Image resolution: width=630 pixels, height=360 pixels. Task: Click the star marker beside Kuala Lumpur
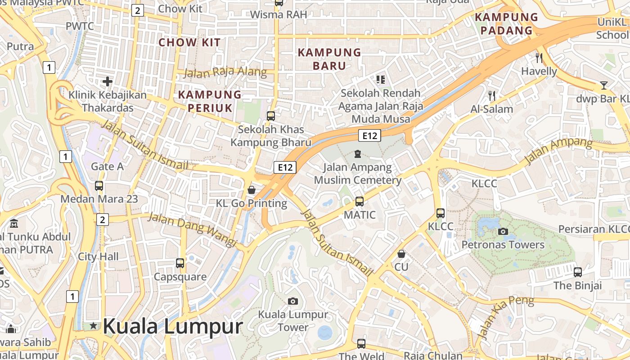point(93,325)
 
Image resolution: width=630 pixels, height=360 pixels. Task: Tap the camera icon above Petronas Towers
point(503,232)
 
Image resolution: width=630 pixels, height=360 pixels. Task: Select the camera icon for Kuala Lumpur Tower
point(293,301)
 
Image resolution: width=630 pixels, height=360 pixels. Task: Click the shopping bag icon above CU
point(401,254)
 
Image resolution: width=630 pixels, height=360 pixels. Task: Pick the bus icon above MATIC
point(359,201)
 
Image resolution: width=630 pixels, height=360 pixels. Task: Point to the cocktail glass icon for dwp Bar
point(603,85)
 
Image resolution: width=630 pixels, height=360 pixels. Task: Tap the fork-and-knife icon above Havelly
point(539,58)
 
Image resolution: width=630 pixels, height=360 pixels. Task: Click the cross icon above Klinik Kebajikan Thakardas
point(107,81)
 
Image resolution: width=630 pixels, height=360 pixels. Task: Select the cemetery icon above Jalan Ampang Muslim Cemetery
point(358,154)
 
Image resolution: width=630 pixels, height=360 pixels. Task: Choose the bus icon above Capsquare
point(180,263)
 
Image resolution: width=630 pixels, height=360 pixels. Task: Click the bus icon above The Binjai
point(578,272)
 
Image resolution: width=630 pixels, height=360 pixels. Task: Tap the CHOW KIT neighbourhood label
point(189,43)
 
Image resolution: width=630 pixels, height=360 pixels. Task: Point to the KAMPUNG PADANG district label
point(506,24)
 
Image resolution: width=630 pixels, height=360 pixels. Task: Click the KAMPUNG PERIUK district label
point(210,101)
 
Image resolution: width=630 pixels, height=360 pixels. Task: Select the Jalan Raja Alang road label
point(225,72)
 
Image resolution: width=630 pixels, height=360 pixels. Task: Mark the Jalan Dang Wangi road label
point(193,229)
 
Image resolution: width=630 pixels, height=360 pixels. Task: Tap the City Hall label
point(99,256)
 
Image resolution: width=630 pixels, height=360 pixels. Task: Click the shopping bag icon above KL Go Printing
point(252,190)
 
